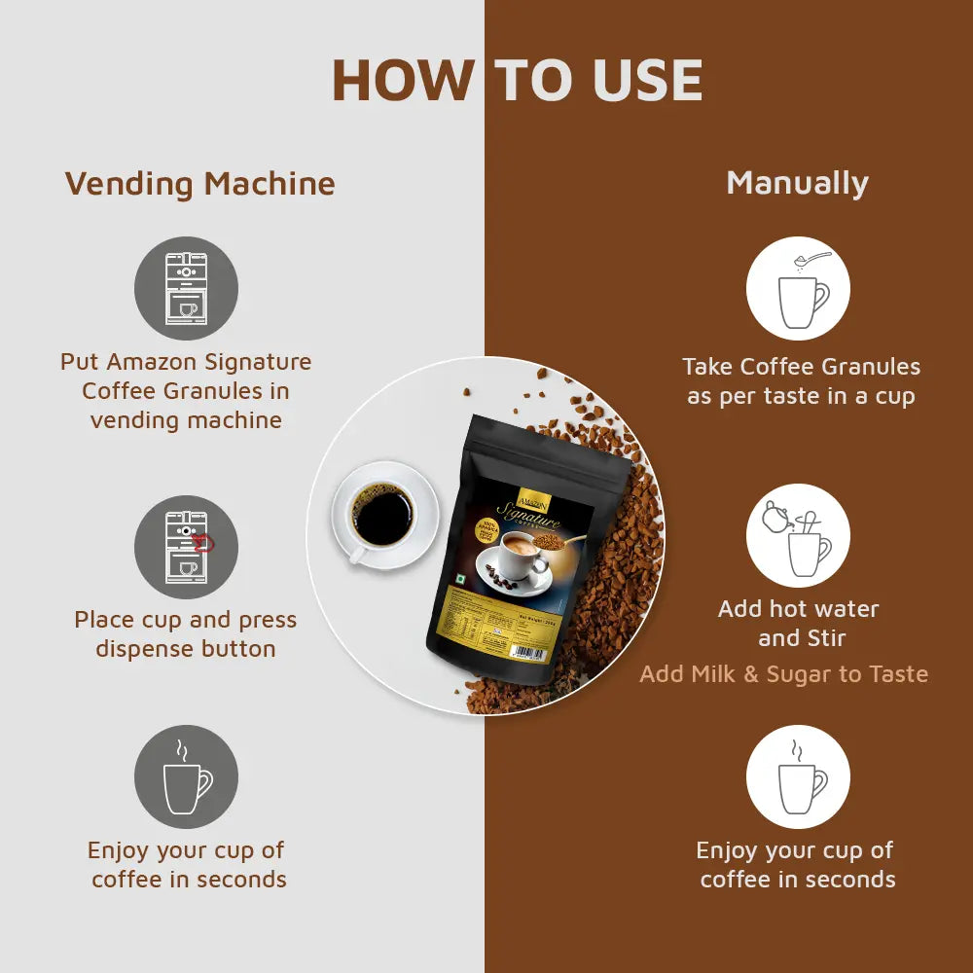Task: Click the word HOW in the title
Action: click(402, 81)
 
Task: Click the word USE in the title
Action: click(646, 81)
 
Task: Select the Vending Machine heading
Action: click(199, 184)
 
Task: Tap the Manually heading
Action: click(797, 183)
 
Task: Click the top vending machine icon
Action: click(186, 288)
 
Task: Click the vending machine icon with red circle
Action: click(186, 546)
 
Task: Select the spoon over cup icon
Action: click(798, 288)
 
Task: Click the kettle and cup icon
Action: click(798, 536)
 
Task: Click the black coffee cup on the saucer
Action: click(380, 516)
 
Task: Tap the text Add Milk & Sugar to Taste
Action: click(783, 674)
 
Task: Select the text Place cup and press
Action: click(186, 620)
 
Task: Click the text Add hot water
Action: click(798, 609)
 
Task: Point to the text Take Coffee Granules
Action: click(801, 367)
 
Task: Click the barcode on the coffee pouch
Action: click(525, 653)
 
